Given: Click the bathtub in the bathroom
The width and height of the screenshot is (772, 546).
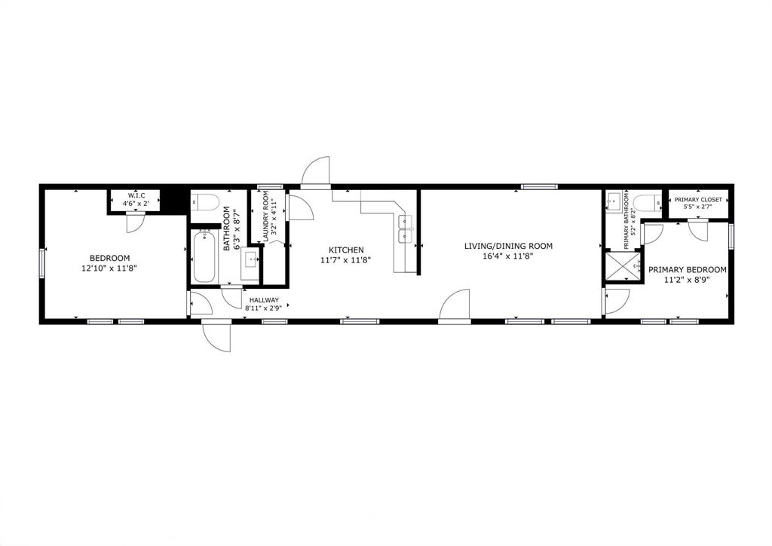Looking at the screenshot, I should click(204, 257).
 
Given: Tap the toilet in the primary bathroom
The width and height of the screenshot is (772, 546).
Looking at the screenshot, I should click(644, 202).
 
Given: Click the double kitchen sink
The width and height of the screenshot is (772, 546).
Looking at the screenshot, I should click(406, 229).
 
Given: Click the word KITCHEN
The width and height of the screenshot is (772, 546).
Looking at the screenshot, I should click(346, 250).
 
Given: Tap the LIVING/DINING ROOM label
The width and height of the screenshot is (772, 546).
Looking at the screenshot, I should click(508, 246).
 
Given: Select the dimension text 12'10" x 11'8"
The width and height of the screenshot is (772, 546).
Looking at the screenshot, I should click(110, 268).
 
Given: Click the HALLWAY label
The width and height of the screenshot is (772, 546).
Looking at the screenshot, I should click(264, 299).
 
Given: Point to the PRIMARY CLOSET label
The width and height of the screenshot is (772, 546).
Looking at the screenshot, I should click(697, 199).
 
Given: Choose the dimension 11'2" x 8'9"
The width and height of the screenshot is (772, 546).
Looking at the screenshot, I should click(687, 280).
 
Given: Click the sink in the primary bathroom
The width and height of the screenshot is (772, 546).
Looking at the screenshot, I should click(614, 201).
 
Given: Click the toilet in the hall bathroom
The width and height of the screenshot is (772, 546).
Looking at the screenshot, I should click(205, 201).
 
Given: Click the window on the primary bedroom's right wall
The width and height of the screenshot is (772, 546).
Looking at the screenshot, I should click(731, 235).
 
